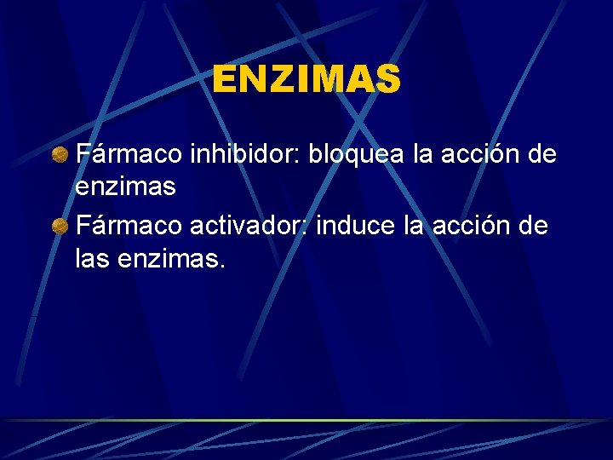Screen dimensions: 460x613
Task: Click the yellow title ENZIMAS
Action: (306, 80)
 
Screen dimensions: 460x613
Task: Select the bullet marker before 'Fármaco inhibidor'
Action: (60, 155)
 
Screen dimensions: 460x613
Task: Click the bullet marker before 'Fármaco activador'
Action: (60, 227)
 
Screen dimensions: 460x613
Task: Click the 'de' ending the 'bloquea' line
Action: (541, 154)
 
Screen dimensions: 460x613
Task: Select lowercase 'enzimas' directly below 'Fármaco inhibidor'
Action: (126, 186)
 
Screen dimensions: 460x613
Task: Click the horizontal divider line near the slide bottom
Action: (306, 420)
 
